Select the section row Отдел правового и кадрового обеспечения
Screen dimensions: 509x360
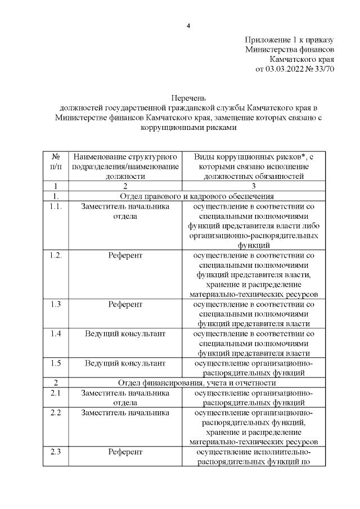click(x=197, y=196)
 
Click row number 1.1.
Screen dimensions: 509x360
click(x=56, y=206)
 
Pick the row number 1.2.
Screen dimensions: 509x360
click(x=56, y=255)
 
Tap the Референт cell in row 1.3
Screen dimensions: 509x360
click(x=125, y=304)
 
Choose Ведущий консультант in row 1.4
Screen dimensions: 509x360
click(x=125, y=334)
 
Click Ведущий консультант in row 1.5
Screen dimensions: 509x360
click(x=125, y=363)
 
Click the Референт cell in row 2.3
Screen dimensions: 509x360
click(x=125, y=452)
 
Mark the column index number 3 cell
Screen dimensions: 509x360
click(x=253, y=186)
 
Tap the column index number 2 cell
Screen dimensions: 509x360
click(x=125, y=186)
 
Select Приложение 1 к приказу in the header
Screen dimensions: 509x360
click(x=290, y=40)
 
